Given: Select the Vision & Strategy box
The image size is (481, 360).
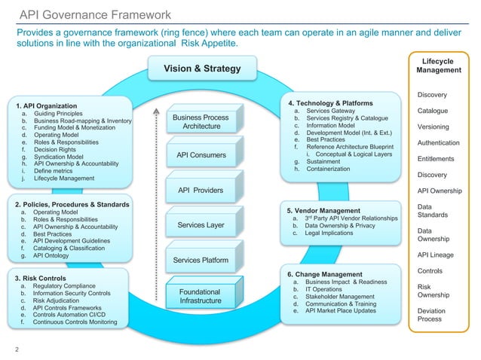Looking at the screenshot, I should click(x=198, y=69).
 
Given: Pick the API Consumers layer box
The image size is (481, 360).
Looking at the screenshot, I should click(x=201, y=155).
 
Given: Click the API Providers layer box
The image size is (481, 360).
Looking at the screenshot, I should click(x=201, y=190).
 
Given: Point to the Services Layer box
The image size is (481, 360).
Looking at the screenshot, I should click(x=201, y=224).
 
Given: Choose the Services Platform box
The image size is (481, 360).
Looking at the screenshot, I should click(x=201, y=260).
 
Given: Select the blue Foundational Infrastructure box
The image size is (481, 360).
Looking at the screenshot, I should click(x=201, y=296).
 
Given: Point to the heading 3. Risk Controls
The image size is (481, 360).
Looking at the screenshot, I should click(x=42, y=278).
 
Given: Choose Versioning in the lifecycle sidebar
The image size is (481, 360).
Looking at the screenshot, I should click(x=434, y=127).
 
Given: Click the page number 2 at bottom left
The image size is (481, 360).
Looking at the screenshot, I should click(x=17, y=349).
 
